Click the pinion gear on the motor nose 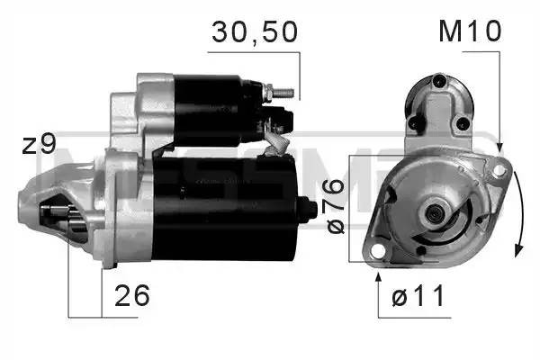coord(56,222)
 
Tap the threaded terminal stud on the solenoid coord(281,92)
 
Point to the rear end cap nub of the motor coord(310,209)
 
